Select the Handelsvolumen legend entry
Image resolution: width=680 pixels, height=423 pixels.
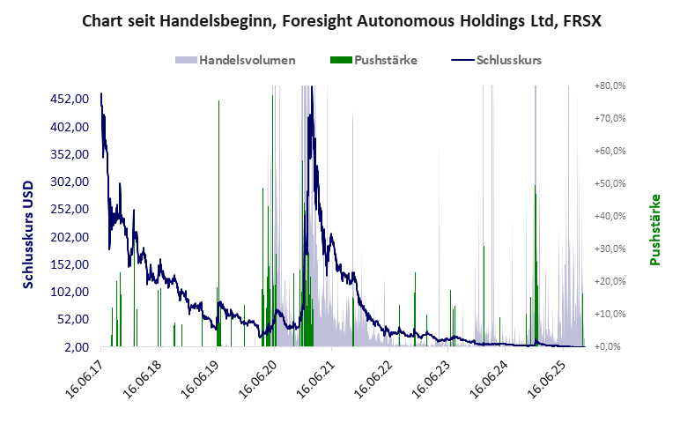(247, 61)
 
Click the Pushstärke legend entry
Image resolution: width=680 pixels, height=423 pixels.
(385, 61)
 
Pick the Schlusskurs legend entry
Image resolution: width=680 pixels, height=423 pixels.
(507, 61)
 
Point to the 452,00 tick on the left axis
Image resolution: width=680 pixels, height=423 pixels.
(70, 99)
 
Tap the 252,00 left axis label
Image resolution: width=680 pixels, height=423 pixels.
(70, 209)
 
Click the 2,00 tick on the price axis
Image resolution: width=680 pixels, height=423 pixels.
(76, 346)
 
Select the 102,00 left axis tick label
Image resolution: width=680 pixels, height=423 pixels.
(70, 292)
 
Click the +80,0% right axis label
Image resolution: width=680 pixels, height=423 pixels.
(609, 85)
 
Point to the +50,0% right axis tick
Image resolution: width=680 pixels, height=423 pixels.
(609, 183)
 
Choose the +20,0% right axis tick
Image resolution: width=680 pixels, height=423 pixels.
(609, 281)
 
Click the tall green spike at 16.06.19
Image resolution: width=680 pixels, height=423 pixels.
(218, 176)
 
